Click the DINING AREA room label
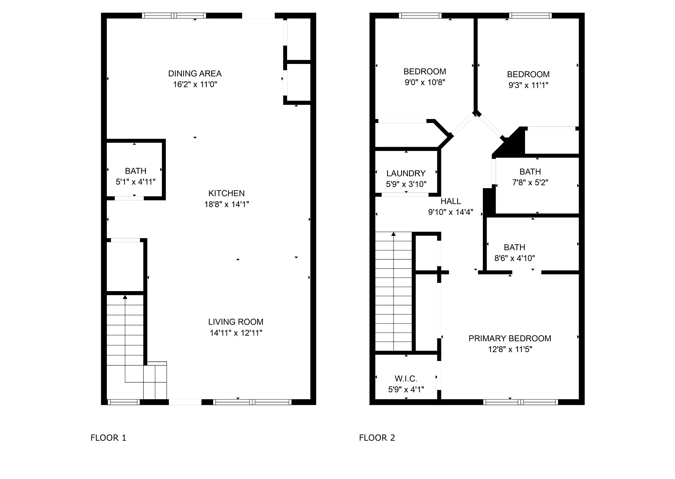[195, 74]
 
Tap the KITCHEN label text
[226, 193]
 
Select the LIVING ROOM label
[236, 322]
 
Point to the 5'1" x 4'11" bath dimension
[135, 182]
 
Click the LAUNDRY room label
[406, 173]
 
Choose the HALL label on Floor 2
[451, 201]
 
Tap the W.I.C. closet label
[406, 379]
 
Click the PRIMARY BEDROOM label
[510, 339]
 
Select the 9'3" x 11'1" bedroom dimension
[528, 85]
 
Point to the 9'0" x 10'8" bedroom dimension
[425, 82]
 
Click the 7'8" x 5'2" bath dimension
[530, 183]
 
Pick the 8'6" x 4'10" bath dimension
[514, 258]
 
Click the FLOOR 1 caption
[108, 438]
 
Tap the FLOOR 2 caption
[377, 438]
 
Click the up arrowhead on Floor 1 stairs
[125, 297]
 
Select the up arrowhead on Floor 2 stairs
[394, 234]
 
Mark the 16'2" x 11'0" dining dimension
[195, 84]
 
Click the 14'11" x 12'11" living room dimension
[236, 333]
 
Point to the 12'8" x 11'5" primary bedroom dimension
[510, 349]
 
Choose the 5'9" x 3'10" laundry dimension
[406, 184]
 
